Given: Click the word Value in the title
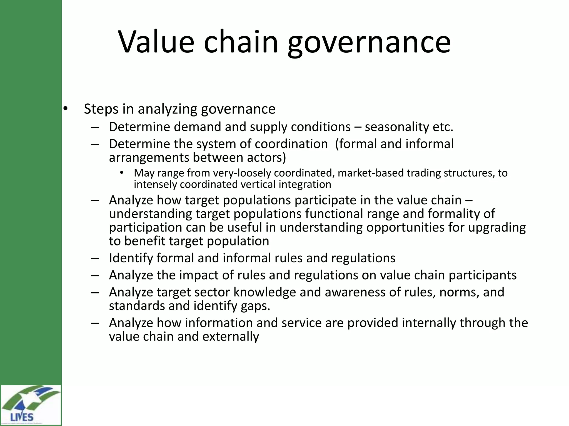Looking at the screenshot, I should tap(156, 42).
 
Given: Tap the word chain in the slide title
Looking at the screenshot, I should tap(241, 42).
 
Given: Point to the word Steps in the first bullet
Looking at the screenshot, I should tap(101, 109).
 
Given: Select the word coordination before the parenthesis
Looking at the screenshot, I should tap(291, 144).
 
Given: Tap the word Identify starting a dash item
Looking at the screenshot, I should tap(131, 258).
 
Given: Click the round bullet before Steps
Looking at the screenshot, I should tap(65, 109).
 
